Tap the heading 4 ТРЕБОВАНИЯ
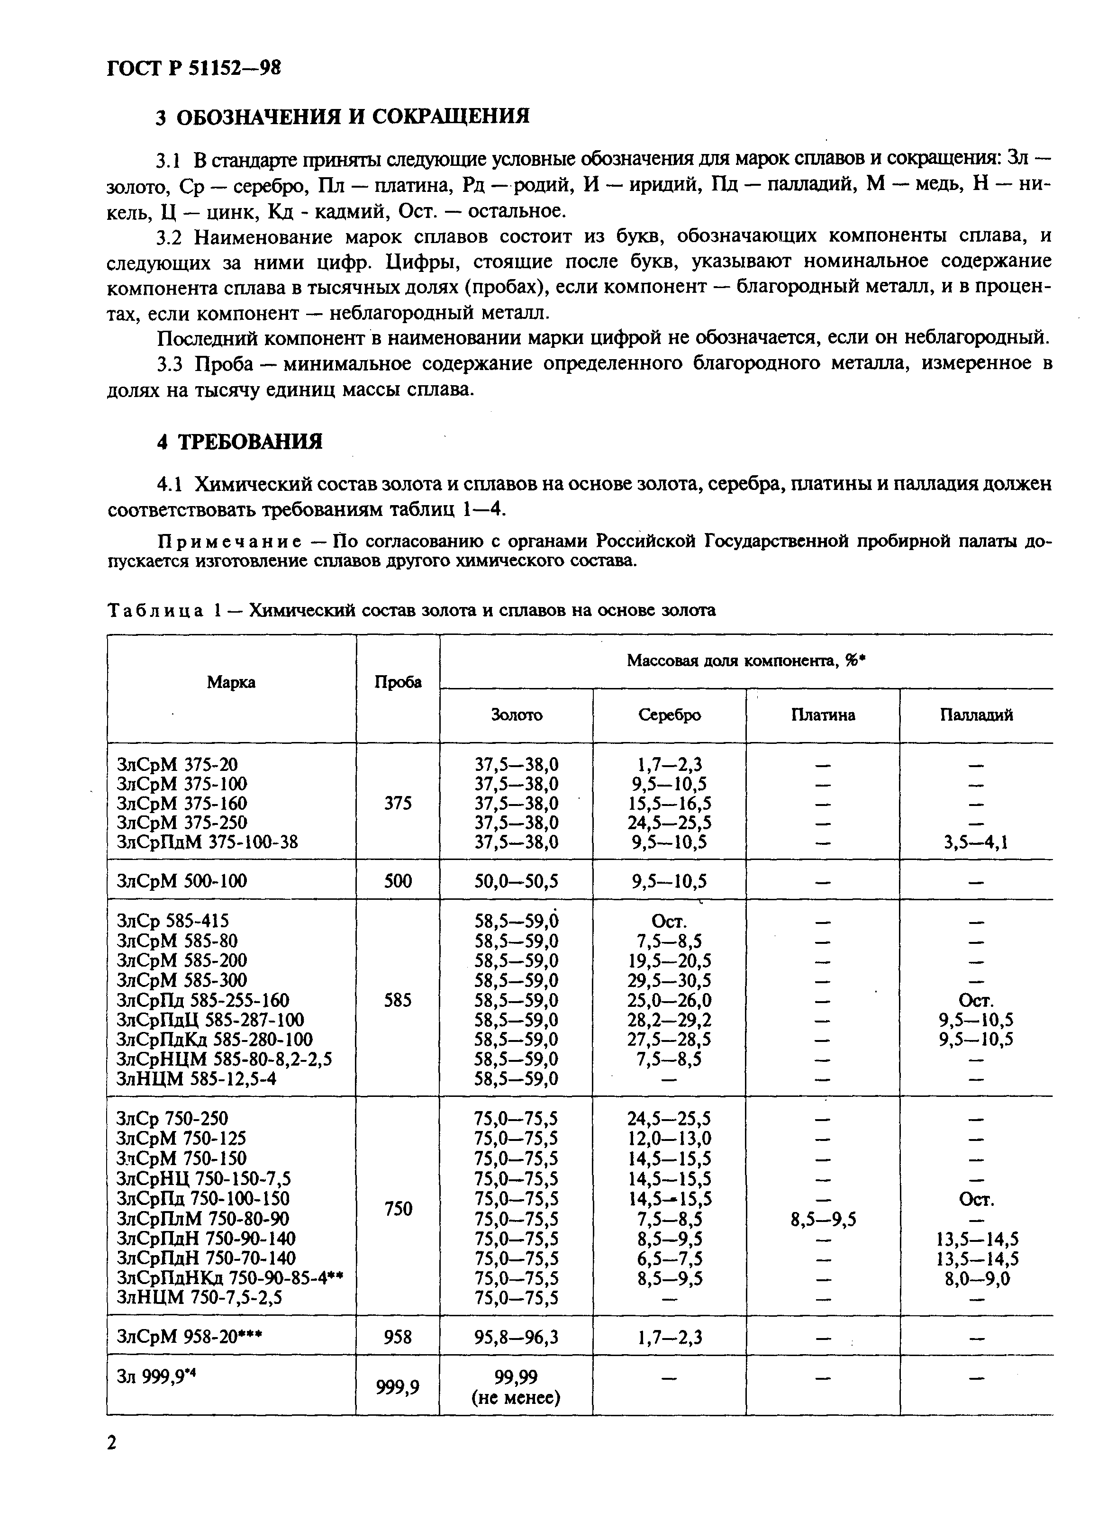(x=239, y=442)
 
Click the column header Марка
(x=231, y=682)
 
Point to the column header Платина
(x=823, y=715)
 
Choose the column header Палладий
(x=976, y=715)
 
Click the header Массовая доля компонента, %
(x=746, y=661)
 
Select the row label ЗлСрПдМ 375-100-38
(x=207, y=842)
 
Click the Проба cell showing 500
(x=398, y=881)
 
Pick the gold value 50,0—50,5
(x=516, y=881)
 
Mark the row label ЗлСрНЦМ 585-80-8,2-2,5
(x=225, y=1059)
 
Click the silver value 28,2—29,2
(x=669, y=1020)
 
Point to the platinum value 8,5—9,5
(x=823, y=1219)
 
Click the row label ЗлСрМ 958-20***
(x=190, y=1337)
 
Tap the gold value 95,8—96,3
(x=516, y=1337)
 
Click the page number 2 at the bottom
(x=112, y=1442)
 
